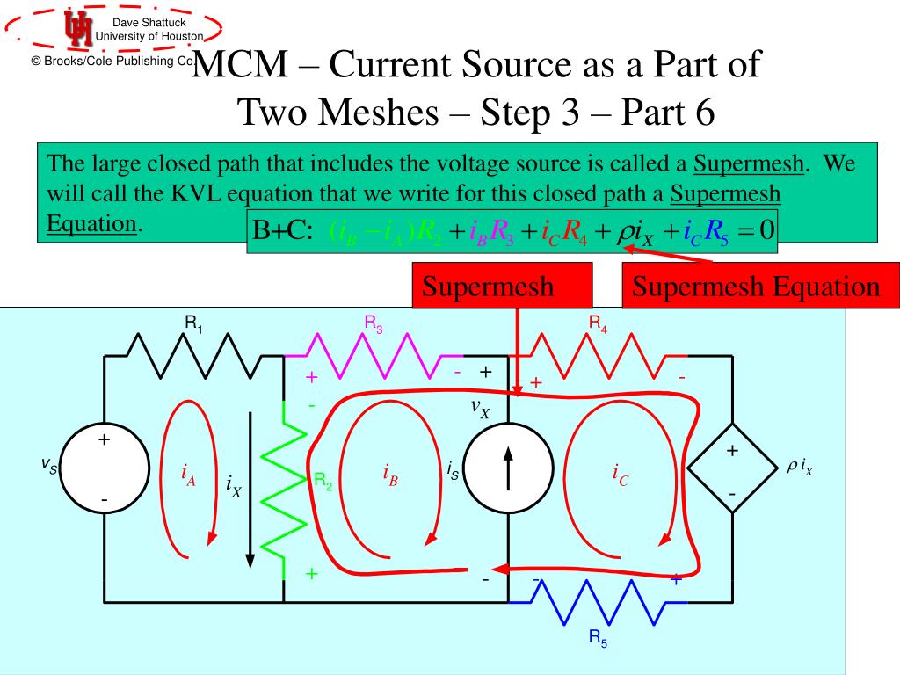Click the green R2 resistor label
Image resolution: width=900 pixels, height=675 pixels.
tap(323, 481)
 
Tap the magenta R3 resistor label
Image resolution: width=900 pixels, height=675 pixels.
tap(374, 325)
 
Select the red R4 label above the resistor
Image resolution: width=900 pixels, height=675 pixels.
tap(598, 325)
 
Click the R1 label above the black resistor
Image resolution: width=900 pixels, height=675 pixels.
tap(193, 325)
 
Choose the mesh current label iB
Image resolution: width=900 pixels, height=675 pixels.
tap(390, 475)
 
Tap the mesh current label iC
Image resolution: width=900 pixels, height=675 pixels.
tap(621, 475)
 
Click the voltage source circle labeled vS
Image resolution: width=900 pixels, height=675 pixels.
tap(104, 468)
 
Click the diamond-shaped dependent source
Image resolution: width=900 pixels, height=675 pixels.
tap(731, 475)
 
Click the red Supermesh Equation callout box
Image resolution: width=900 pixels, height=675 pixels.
tap(756, 287)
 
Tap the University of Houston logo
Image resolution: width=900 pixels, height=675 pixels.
tap(77, 29)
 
